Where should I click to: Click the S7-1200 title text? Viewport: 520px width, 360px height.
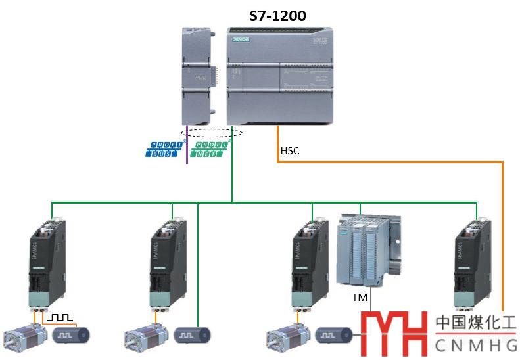pyautogui.click(x=277, y=15)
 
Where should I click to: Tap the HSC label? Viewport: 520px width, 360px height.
pyautogui.click(x=290, y=151)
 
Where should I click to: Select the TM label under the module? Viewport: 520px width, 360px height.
pyautogui.click(x=360, y=297)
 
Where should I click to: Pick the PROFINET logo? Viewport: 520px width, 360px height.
pyautogui.click(x=210, y=148)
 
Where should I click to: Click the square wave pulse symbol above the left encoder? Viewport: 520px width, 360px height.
pyautogui.click(x=61, y=317)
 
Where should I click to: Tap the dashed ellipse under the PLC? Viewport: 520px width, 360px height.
pyautogui.click(x=212, y=132)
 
